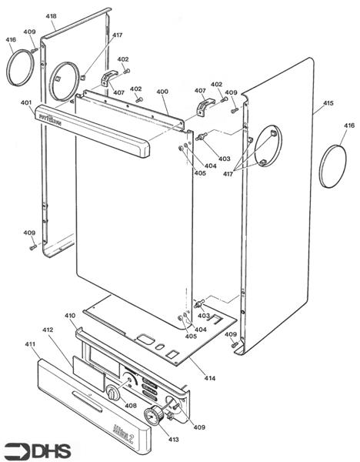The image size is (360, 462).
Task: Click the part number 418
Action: pos(51,16)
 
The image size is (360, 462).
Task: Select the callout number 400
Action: pos(162,92)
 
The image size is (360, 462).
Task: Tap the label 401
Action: pos(25,102)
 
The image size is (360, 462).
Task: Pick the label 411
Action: pos(31,343)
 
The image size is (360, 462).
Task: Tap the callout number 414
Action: pos(209,377)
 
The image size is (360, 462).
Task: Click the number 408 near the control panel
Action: pos(131,405)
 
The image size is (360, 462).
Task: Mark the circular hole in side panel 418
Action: pos(65,78)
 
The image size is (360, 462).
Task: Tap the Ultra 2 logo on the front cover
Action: pos(147,423)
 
